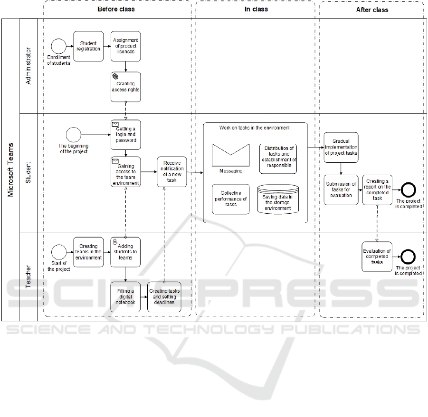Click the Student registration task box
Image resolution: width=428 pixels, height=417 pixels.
[88, 46]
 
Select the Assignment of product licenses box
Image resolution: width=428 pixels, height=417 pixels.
[126, 46]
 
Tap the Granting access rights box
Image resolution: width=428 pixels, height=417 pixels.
[126, 87]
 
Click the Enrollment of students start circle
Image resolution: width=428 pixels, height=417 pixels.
[58, 46]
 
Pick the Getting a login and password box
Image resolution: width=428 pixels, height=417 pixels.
[126, 135]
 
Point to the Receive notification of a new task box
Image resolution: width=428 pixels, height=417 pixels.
[172, 172]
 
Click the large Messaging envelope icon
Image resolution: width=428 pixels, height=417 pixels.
[231, 155]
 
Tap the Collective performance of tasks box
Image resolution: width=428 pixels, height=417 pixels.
[231, 199]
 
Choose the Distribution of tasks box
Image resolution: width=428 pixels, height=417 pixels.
[278, 159]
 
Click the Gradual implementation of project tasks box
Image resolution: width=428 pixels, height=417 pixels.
[341, 148]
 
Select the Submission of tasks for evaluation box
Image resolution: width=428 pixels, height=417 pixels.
[341, 190]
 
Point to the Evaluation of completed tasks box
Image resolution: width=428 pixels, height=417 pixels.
[377, 257]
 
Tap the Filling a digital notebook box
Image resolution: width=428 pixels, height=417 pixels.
[126, 297]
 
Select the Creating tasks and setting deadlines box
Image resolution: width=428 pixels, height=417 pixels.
[164, 297]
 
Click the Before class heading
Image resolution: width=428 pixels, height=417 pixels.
[116, 9]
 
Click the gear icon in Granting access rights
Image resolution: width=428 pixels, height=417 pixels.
[115, 76]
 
